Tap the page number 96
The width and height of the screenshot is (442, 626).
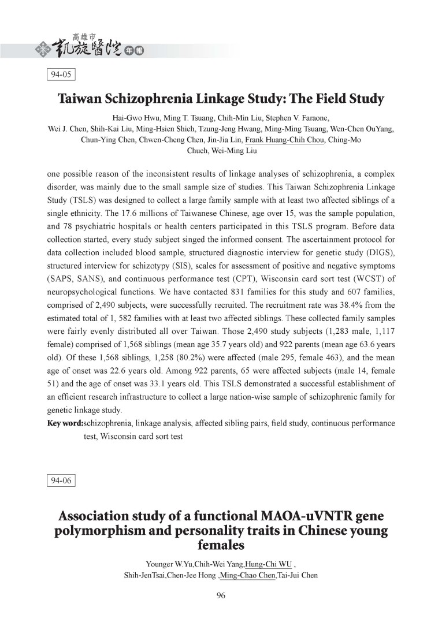[x=221, y=597]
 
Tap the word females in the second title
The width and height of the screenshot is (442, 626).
[x=221, y=545]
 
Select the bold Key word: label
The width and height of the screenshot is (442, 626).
[x=64, y=424]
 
